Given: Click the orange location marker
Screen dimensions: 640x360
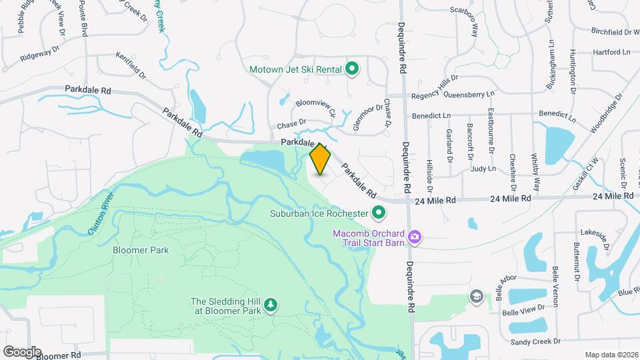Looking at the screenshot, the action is click(321, 159).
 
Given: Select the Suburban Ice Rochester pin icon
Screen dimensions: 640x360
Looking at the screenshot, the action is click(379, 214).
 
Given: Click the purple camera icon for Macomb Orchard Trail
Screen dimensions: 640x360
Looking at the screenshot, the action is click(415, 237).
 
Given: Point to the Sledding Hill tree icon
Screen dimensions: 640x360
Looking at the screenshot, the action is click(271, 305).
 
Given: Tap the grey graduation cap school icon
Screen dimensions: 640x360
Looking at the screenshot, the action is click(476, 296).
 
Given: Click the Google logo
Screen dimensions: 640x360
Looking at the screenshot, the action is click(22, 351).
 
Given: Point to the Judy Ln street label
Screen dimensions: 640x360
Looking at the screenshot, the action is click(483, 169).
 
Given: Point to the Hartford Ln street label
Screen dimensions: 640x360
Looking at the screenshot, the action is click(612, 52).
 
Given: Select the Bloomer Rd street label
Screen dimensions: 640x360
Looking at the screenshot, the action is click(59, 356).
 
